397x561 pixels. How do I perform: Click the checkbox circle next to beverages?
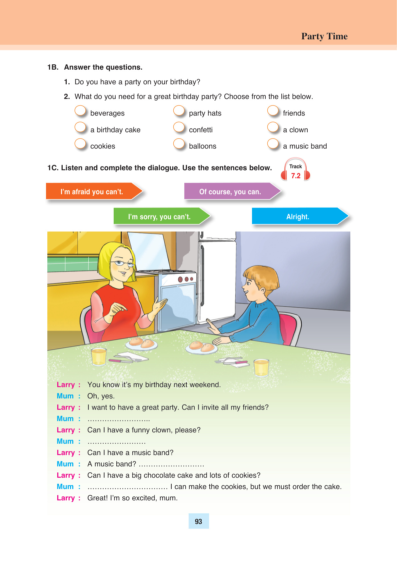coord(80,111)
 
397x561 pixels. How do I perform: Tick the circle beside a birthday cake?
coord(80,127)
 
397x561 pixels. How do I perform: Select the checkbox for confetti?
coord(179,127)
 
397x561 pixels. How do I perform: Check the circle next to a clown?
coord(273,127)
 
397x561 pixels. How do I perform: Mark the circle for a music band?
coord(273,144)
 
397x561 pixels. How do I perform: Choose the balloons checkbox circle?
coord(179,144)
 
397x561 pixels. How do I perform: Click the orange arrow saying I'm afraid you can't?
coord(93,192)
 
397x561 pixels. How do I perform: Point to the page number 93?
coord(199,521)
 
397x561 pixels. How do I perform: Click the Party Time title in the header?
coord(324,36)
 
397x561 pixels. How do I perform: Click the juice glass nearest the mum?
coord(99,356)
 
